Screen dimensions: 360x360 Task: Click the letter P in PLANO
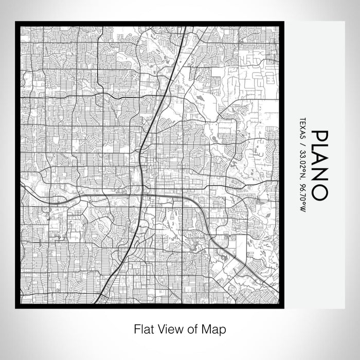point(319,137)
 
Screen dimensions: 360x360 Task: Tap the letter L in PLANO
point(319,151)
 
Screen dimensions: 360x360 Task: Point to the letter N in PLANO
point(319,178)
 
